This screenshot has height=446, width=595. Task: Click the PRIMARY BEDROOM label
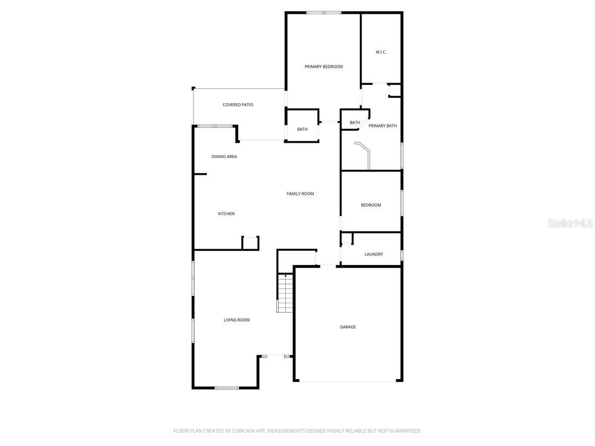[323, 66]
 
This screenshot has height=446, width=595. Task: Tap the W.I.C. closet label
[381, 52]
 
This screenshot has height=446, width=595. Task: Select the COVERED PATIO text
[238, 105]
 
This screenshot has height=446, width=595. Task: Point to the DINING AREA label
[224, 157]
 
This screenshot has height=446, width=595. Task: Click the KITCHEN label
[226, 214]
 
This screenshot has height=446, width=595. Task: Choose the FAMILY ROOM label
[300, 194]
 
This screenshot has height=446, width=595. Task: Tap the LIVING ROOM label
[237, 320]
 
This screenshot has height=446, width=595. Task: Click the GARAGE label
[348, 327]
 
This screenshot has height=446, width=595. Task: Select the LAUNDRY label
[373, 254]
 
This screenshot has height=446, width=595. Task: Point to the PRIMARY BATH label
[382, 126]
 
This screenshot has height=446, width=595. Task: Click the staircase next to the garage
[286, 293]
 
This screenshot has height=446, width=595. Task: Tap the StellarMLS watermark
[570, 223]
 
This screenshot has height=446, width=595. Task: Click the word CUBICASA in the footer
[242, 431]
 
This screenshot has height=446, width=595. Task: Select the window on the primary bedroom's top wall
[324, 12]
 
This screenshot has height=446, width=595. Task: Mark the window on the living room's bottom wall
[227, 388]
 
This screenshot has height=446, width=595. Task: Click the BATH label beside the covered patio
[302, 129]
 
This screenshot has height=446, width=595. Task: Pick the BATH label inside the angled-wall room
[355, 122]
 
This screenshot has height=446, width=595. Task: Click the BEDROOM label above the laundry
[371, 205]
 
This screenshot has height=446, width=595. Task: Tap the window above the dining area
[215, 126]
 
